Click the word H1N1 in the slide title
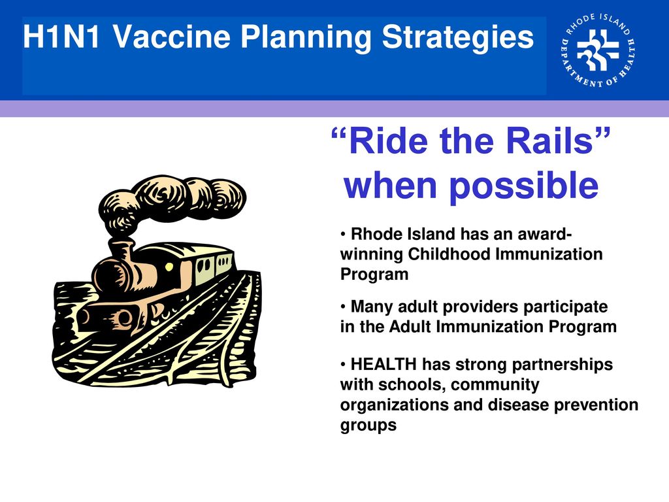click(61, 37)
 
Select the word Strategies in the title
click(458, 37)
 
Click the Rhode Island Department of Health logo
click(598, 50)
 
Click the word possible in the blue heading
click(525, 187)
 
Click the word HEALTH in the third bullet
click(383, 365)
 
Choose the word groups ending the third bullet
click(368, 426)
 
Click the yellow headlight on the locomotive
click(169, 267)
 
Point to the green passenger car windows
click(214, 264)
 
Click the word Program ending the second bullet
click(582, 327)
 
